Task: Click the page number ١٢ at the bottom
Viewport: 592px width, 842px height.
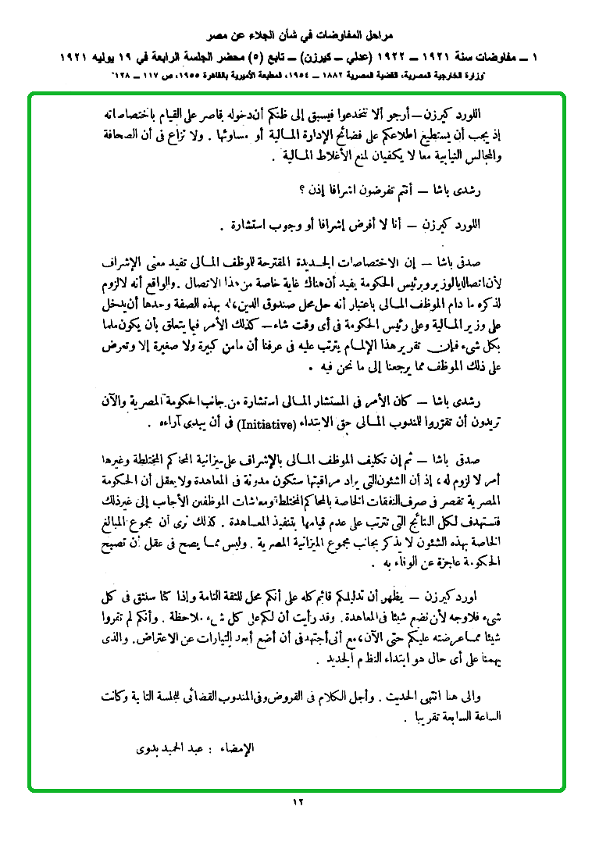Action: [x=297, y=801]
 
